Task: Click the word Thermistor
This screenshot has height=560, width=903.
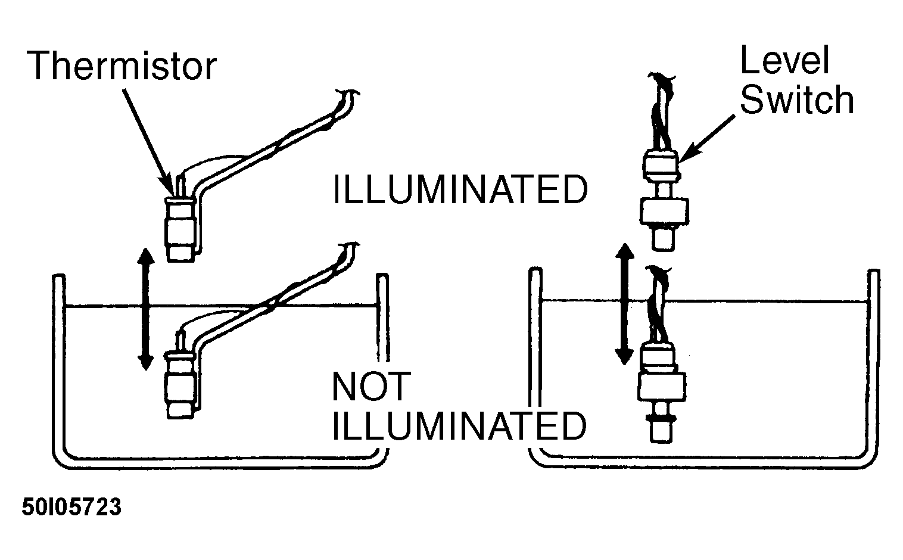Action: [122, 66]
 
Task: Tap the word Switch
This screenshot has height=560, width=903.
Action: [797, 99]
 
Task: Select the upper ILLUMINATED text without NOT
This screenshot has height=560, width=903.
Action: [460, 189]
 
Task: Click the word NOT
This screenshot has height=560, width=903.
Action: [371, 387]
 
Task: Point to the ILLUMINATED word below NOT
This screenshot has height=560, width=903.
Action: [460, 426]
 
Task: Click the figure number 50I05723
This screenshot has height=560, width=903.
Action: [71, 507]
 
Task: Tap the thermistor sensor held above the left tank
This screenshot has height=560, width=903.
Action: [182, 226]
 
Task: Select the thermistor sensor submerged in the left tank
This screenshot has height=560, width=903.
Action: [182, 383]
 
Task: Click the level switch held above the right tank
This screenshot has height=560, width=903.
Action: [664, 201]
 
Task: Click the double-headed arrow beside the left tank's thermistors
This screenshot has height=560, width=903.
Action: [145, 309]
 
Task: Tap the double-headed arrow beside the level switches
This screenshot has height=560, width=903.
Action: [625, 304]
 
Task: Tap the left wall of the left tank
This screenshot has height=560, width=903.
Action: [59, 363]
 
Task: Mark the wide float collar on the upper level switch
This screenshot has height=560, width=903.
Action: [664, 210]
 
